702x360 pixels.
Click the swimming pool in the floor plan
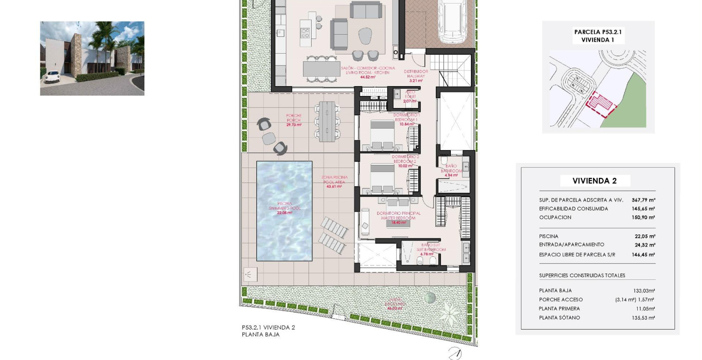click(x=284, y=211)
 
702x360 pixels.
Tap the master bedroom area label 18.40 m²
click(x=399, y=223)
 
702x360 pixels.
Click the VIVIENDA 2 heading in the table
click(x=594, y=181)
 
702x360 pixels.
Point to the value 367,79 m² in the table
click(x=643, y=200)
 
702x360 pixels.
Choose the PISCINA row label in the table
click(x=549, y=236)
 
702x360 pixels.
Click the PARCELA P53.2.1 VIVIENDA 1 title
click(x=598, y=36)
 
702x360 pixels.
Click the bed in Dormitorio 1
click(x=382, y=134)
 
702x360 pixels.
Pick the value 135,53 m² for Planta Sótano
click(x=643, y=318)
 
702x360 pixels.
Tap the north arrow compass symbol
click(x=455, y=354)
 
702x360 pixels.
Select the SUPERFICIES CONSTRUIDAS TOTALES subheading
click(x=582, y=276)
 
